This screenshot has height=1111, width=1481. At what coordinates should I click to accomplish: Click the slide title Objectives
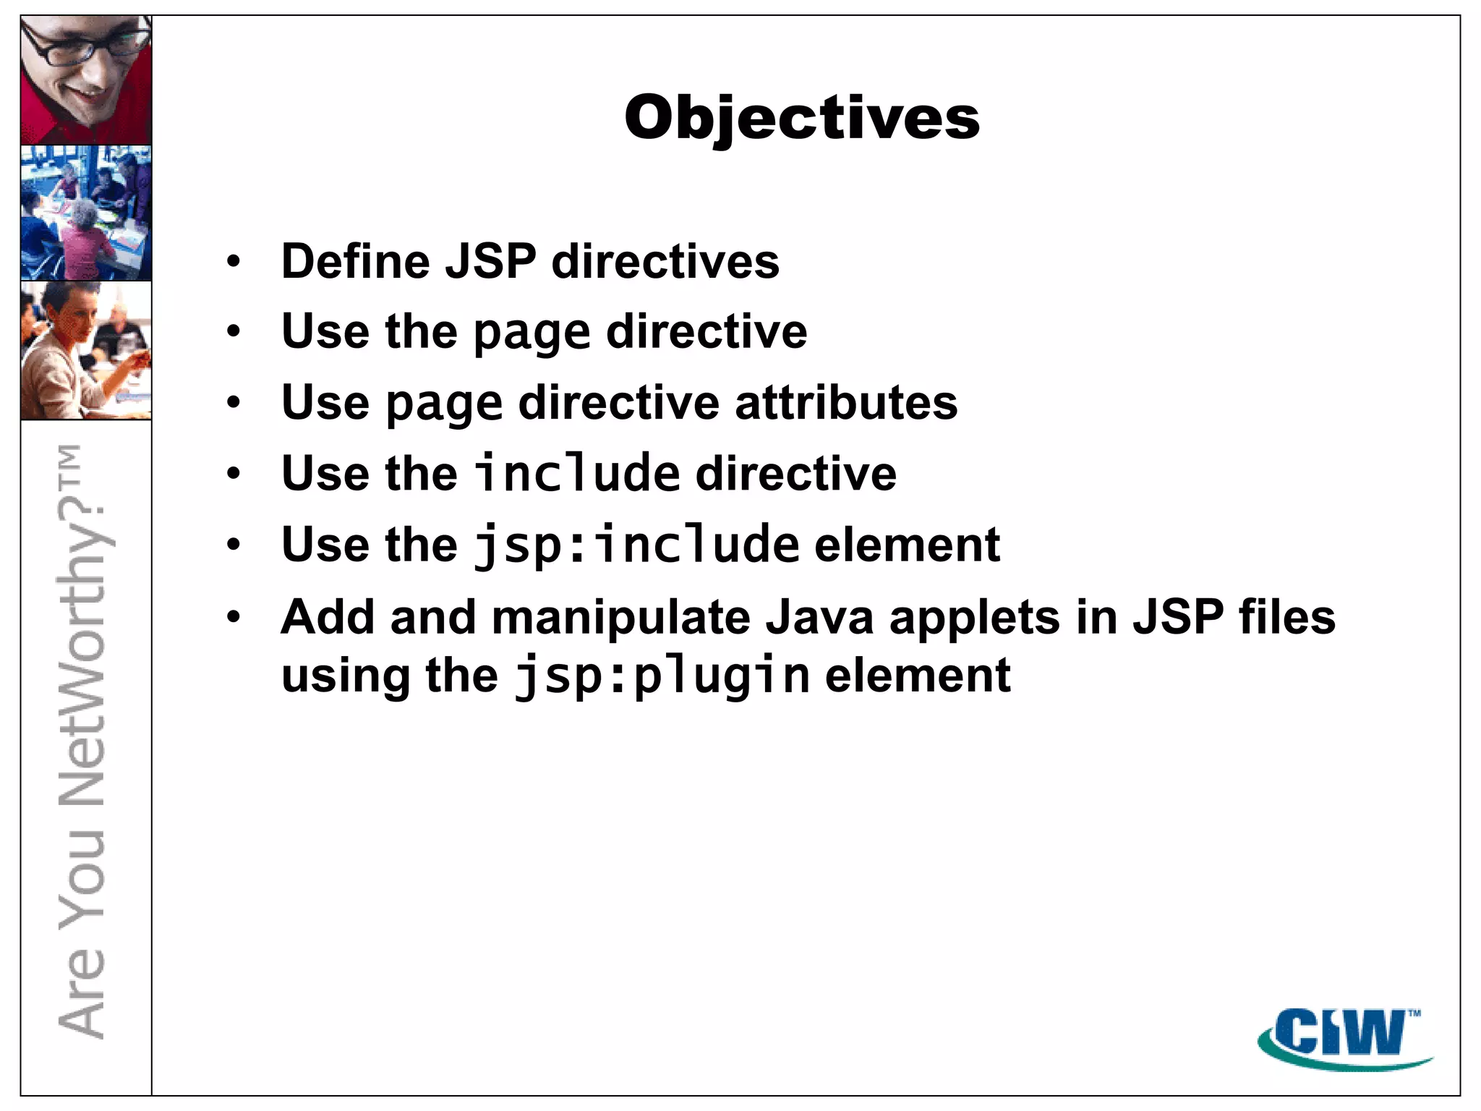801,117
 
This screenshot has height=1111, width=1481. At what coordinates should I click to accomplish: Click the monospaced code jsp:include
637,545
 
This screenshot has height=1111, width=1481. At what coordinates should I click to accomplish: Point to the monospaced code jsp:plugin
662,676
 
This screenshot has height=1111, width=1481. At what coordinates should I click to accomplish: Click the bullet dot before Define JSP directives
233,262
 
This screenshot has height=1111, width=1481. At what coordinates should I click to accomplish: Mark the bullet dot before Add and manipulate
233,618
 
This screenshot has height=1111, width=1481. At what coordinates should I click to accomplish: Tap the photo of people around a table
86,213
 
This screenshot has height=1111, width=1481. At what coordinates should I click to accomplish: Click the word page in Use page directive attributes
443,404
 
